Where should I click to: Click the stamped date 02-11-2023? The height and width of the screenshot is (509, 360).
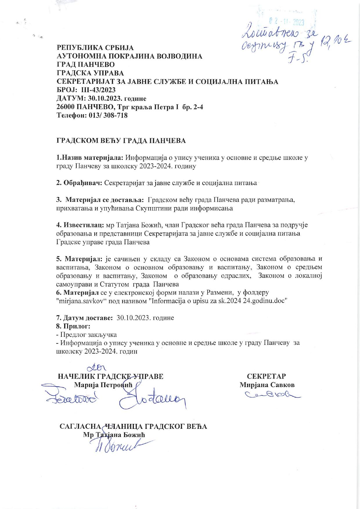286,22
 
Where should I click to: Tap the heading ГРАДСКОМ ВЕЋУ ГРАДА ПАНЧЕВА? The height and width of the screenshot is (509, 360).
121,141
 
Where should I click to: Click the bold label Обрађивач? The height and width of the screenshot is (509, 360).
79,183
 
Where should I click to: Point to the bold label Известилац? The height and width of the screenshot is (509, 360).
80,225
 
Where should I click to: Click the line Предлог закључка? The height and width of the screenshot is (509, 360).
86,334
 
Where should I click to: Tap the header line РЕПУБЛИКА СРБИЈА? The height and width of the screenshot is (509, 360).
95,48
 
